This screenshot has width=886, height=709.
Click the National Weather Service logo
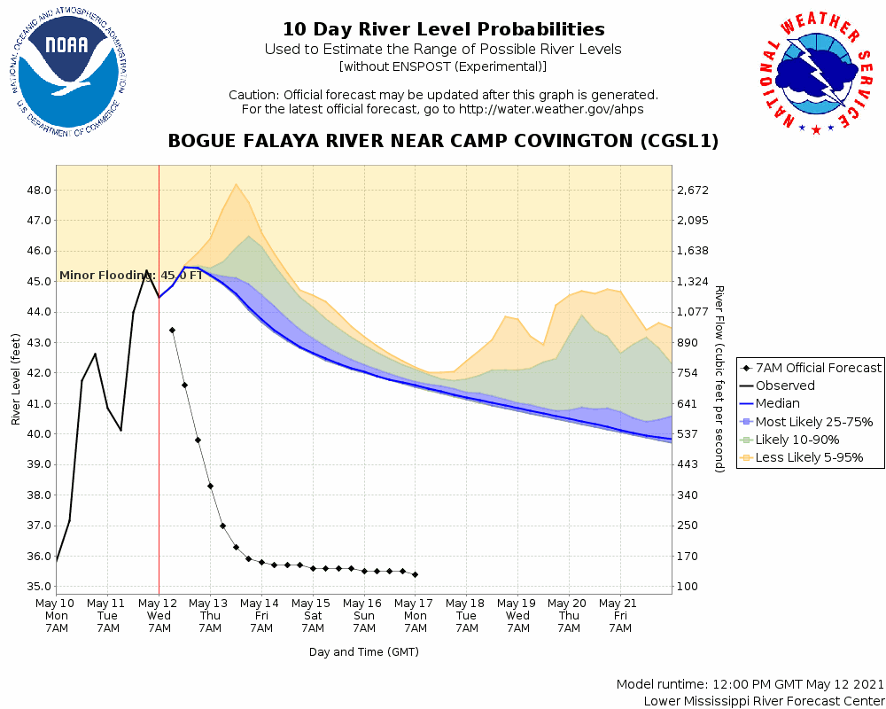(x=815, y=76)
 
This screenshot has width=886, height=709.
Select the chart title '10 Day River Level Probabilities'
(x=443, y=30)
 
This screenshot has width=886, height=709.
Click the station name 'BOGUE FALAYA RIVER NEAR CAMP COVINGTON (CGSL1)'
(x=443, y=141)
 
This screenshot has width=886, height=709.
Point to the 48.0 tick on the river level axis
(x=38, y=191)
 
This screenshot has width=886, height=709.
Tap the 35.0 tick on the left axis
(x=38, y=587)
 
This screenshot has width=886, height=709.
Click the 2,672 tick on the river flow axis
(x=694, y=191)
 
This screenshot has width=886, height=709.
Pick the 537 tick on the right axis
(x=688, y=434)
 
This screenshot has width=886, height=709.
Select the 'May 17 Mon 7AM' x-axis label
(x=415, y=615)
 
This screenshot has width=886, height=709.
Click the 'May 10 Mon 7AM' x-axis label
(x=57, y=615)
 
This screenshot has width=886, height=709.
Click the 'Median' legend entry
(x=777, y=403)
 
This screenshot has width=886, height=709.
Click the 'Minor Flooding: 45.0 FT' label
(x=130, y=275)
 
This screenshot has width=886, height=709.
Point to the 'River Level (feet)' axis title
(x=16, y=379)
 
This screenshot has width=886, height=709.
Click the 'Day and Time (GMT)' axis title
(x=363, y=652)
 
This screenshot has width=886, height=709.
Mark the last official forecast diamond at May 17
(x=415, y=574)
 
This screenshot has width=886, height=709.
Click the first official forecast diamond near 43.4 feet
(x=172, y=330)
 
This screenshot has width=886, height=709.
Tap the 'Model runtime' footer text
(x=750, y=685)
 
